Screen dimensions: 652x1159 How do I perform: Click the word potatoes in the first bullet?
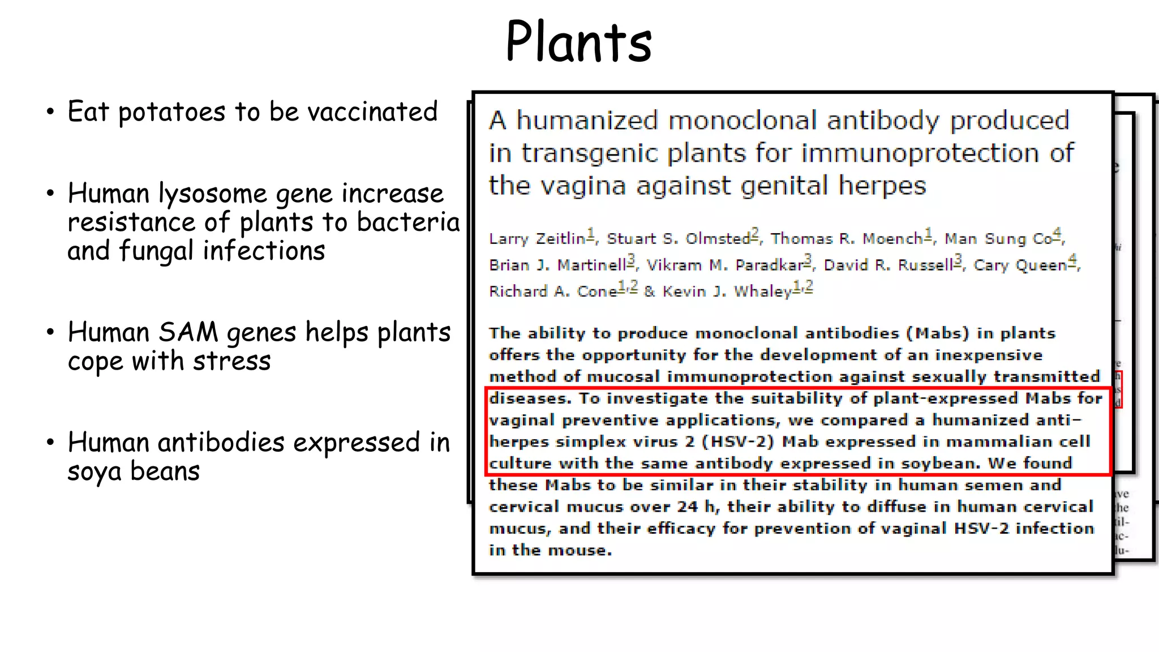(x=171, y=112)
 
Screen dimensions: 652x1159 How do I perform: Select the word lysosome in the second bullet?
(x=212, y=194)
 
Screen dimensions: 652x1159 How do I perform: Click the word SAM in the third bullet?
(x=188, y=332)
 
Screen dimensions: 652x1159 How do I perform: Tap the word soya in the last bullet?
(x=94, y=471)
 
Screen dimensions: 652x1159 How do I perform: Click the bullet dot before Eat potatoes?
(x=50, y=111)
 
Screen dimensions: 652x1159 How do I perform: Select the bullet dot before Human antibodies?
(x=50, y=442)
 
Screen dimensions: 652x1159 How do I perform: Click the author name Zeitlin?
(x=560, y=239)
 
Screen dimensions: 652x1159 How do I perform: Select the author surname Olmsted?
(x=718, y=239)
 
